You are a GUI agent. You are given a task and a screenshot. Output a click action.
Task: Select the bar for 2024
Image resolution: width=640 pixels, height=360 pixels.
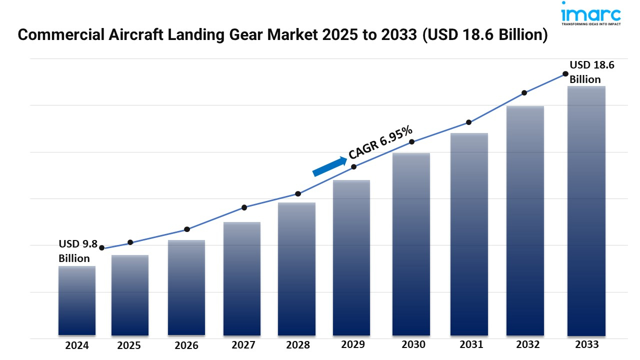77,300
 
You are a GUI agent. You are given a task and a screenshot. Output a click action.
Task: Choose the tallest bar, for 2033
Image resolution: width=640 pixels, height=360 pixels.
586,210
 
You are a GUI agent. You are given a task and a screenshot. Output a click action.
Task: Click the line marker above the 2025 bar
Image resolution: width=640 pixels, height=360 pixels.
130,242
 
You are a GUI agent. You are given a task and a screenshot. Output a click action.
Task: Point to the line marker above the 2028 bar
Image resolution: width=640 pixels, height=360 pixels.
298,193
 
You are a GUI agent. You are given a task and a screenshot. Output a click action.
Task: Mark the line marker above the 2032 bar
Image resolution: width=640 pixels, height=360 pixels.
524,92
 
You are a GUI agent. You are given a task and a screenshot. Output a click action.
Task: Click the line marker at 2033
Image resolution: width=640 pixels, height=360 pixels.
565,73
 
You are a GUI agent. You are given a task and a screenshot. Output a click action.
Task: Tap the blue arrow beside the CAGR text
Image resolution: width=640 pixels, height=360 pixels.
330,166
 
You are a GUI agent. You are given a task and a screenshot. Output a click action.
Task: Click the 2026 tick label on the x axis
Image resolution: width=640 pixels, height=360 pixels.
186,345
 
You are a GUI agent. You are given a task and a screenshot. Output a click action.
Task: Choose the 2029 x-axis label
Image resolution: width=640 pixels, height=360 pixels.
353,344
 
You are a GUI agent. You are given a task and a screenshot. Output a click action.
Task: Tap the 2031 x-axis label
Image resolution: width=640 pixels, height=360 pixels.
471,344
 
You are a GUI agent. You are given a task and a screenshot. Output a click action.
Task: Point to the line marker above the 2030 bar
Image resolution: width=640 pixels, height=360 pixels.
412,142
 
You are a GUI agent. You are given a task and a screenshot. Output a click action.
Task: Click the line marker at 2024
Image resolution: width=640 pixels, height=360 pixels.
102,247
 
